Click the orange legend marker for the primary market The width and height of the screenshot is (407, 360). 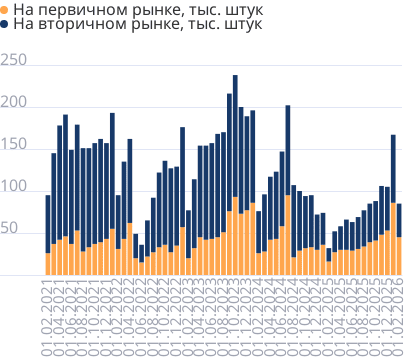click(x=6, y=9)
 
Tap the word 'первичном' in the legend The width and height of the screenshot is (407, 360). click(x=80, y=9)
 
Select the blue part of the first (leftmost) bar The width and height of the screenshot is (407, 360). click(x=47, y=224)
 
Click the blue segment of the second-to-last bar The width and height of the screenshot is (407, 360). click(x=393, y=180)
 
